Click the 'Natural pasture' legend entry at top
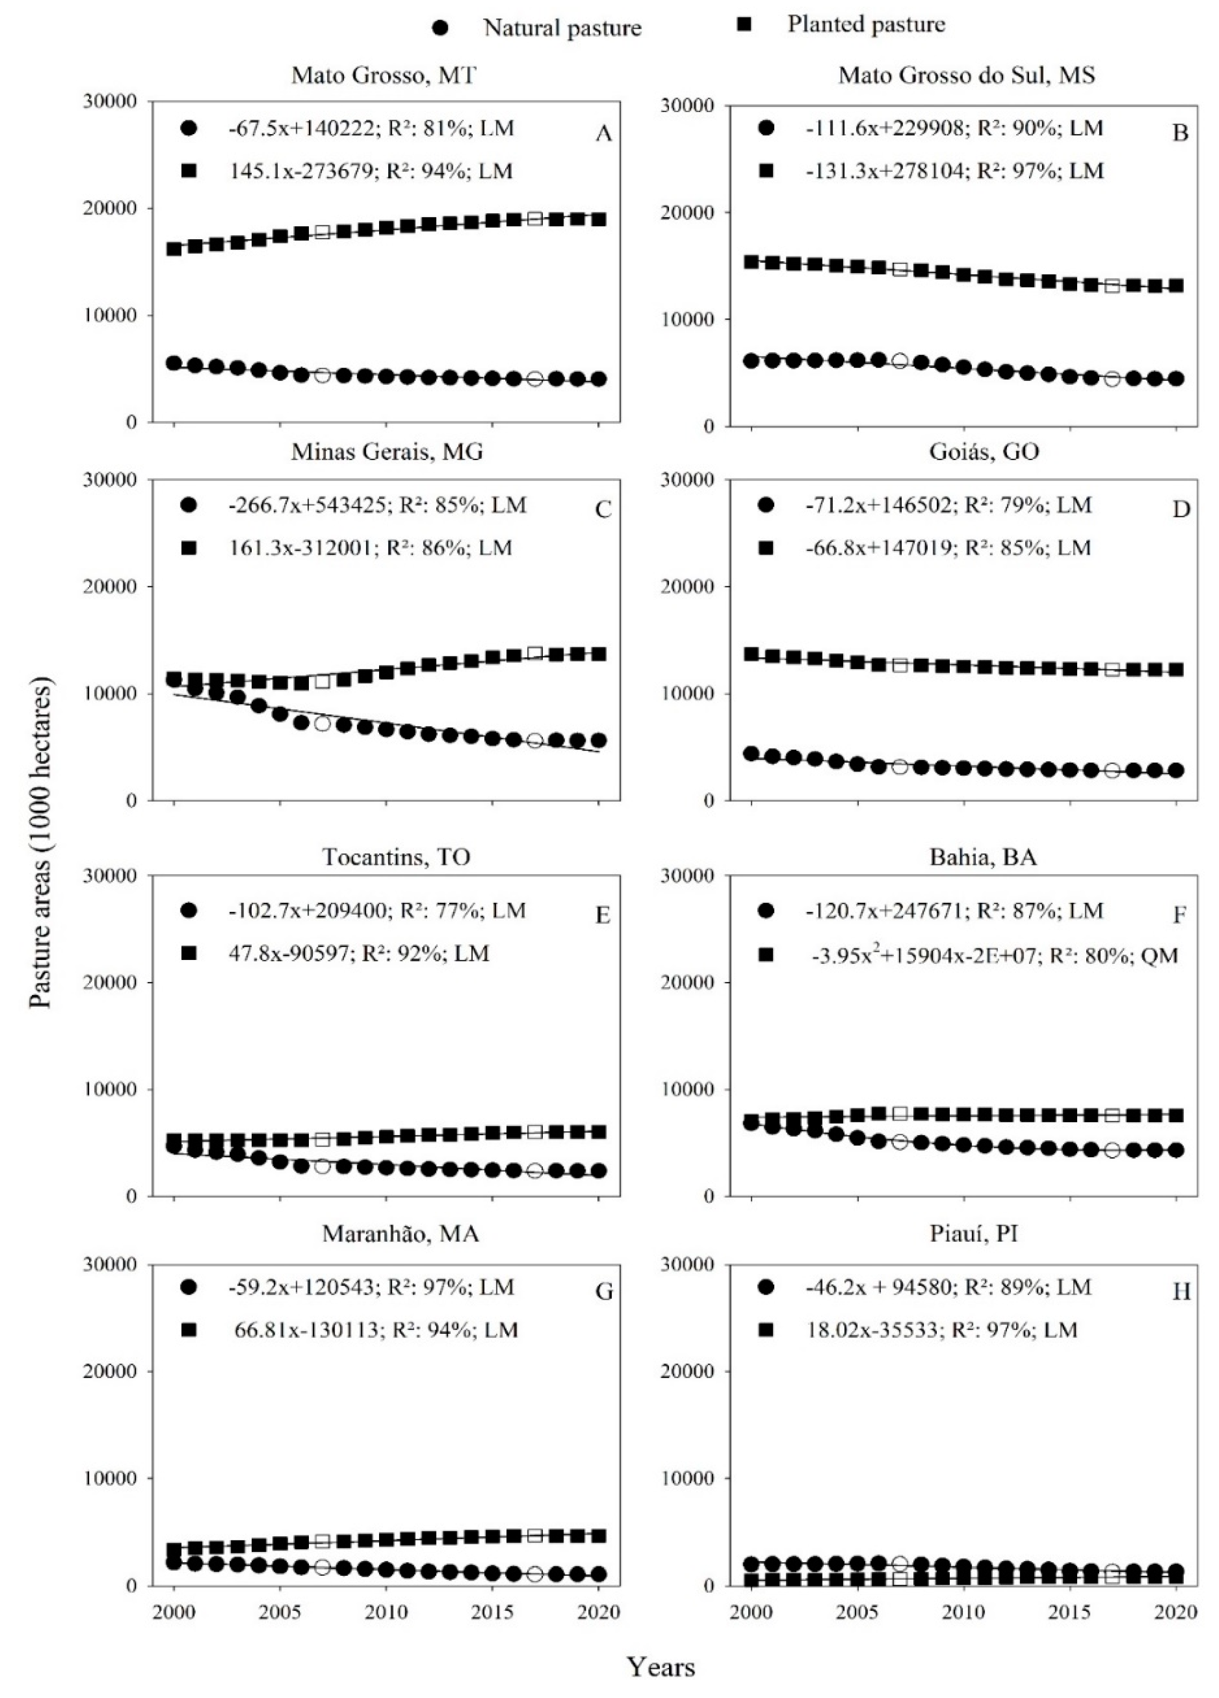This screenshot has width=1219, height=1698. (x=562, y=29)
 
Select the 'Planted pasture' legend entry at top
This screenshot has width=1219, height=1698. (x=866, y=25)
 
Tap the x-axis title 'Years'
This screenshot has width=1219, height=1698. (x=661, y=1667)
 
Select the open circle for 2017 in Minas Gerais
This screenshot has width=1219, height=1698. (x=535, y=740)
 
